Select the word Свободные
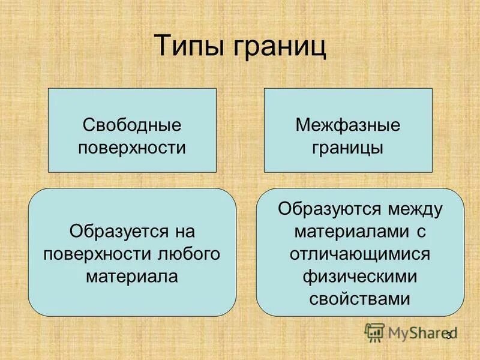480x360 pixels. [x=132, y=125]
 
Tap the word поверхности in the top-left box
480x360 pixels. [x=132, y=148]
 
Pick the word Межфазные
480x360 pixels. [x=348, y=125]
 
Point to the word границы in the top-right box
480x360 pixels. [x=348, y=148]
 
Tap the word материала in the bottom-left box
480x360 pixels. [x=132, y=275]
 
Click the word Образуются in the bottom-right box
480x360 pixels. [x=329, y=209]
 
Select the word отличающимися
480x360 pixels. [x=360, y=253]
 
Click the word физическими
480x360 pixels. [x=360, y=275]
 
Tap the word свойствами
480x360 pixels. [x=360, y=298]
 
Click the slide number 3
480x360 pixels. [x=448, y=335]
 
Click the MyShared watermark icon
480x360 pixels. [x=374, y=332]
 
